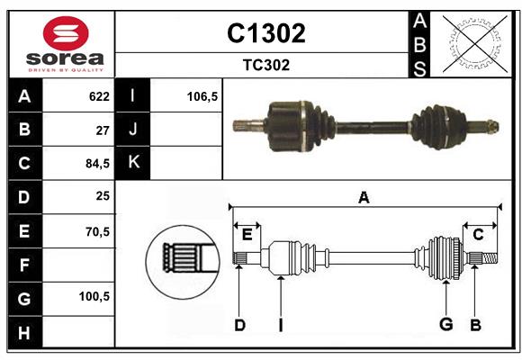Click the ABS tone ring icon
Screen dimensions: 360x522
[x=472, y=43]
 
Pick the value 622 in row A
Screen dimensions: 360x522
[x=98, y=96]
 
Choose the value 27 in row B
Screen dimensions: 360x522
[x=102, y=130]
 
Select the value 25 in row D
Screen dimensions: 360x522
[x=102, y=196]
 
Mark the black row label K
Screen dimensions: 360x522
[x=133, y=163]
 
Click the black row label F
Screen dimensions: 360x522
[x=24, y=265]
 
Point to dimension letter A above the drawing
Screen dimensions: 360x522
[x=364, y=197]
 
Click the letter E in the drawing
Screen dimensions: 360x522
[x=247, y=234]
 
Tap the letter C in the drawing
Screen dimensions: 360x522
[x=478, y=234]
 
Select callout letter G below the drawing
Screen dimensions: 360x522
[x=445, y=325]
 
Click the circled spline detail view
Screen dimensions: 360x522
[x=183, y=258]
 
